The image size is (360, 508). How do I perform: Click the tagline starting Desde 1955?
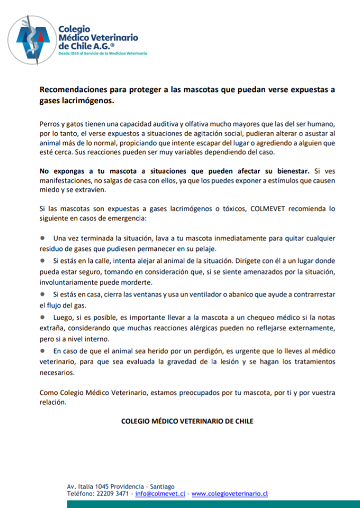coord(102,54)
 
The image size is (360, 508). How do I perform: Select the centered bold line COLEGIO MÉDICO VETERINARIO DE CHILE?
coord(187,421)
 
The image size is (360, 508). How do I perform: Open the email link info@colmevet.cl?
coord(160,493)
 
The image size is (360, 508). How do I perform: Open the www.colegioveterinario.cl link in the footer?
coord(229,493)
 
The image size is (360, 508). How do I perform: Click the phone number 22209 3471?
coord(112,493)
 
